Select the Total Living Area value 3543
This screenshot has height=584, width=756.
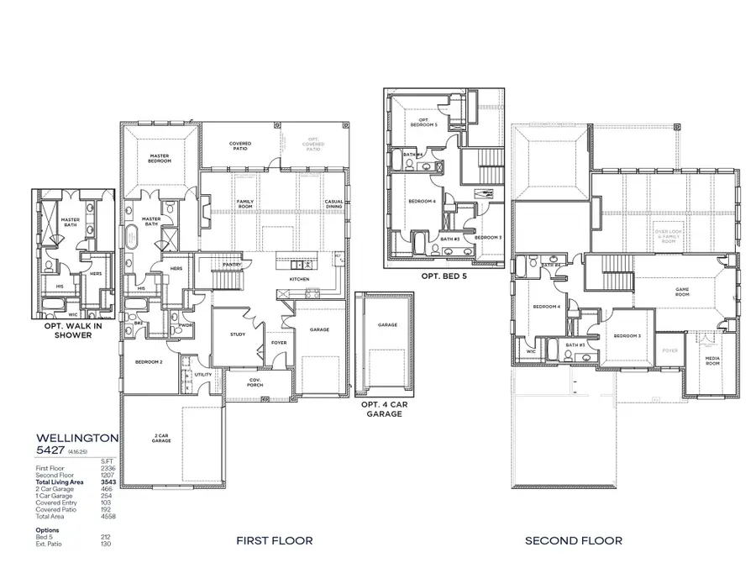point(107,481)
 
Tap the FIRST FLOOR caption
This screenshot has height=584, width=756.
point(274,540)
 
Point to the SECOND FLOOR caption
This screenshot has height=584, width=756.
point(574,540)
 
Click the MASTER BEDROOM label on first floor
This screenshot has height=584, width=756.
point(160,158)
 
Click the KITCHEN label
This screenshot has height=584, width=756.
point(300,279)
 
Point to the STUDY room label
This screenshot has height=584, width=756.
point(237,334)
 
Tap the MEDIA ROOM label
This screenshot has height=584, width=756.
point(711,363)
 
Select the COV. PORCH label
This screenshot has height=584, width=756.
point(256,381)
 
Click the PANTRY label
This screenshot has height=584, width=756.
point(233,265)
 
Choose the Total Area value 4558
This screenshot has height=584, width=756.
point(107,516)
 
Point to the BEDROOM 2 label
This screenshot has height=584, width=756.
point(149,362)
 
